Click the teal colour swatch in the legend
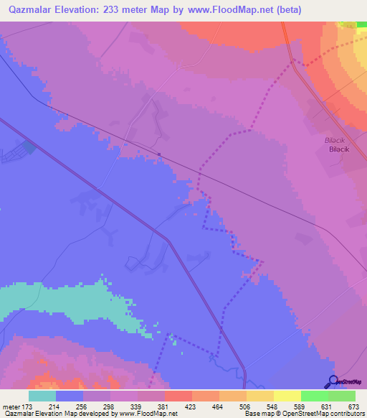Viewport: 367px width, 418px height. point(42,396)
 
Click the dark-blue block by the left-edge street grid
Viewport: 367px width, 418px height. point(28,147)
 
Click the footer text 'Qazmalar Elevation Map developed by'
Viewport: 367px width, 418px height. point(58,413)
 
